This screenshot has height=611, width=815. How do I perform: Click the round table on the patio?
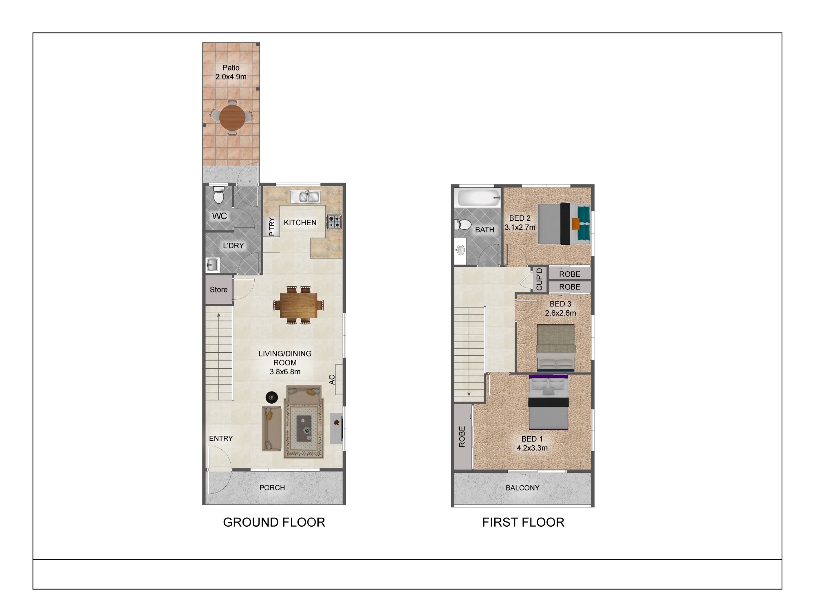(x=232, y=118)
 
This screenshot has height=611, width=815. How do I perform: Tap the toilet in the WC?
(x=219, y=196)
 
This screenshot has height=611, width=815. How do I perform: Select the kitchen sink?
(x=306, y=197)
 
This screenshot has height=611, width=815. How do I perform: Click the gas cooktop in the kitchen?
(x=334, y=222)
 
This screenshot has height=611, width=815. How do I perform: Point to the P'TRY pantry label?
(x=272, y=227)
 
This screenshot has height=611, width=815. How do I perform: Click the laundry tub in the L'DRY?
(x=212, y=265)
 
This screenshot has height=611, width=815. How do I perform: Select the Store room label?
(x=218, y=290)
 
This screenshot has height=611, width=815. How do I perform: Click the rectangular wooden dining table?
(x=298, y=305)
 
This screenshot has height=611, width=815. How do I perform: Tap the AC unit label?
(x=332, y=380)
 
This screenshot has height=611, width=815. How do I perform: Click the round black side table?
(x=272, y=397)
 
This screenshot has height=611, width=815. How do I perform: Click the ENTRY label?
(x=221, y=438)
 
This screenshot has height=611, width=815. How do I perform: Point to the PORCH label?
(x=272, y=488)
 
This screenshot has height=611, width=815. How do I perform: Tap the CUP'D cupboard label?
(x=540, y=279)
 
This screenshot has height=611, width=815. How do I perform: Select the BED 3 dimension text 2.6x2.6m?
(x=561, y=313)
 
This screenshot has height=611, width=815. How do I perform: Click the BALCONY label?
(x=522, y=488)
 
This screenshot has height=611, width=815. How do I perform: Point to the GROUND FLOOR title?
(x=274, y=522)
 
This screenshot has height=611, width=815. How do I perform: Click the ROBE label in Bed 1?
(x=462, y=437)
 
